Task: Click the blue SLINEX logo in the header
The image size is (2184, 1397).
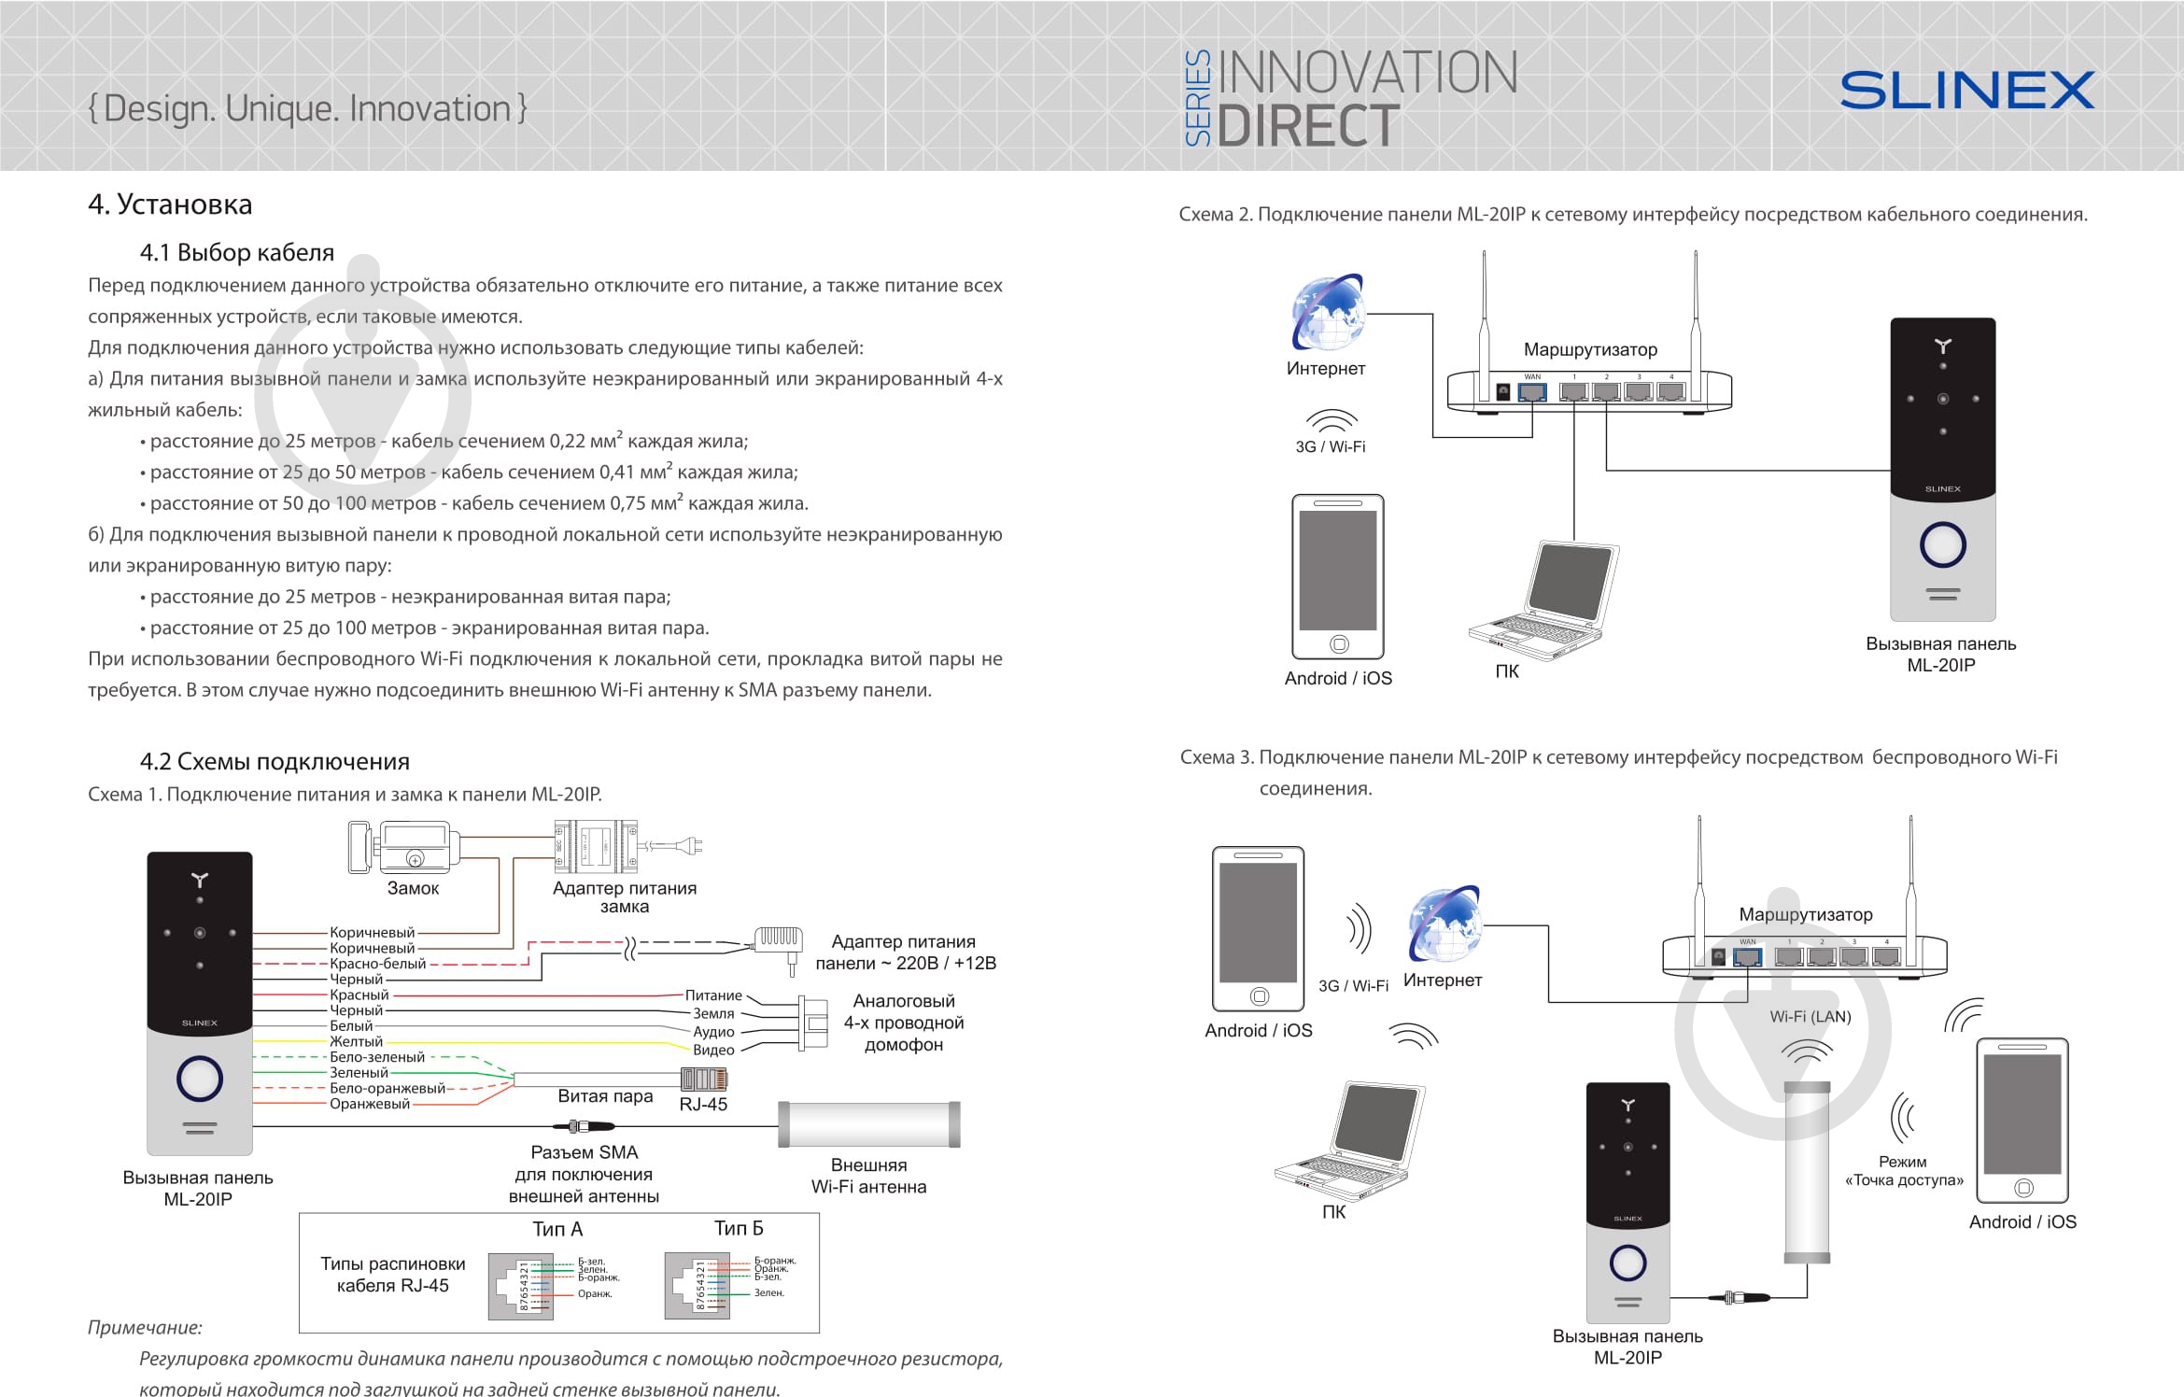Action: (1966, 91)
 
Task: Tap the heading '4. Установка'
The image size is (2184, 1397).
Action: (170, 205)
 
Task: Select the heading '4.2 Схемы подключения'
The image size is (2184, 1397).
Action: (275, 761)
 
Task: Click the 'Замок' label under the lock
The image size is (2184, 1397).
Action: (413, 888)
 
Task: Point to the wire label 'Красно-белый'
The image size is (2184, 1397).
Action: (377, 964)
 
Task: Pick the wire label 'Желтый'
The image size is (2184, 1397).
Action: (356, 1041)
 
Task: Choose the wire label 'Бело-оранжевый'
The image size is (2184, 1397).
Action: (387, 1088)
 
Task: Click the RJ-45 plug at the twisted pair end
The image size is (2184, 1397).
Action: (704, 1079)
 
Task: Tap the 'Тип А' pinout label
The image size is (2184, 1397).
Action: (557, 1229)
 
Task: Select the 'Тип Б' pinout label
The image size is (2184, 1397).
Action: (739, 1228)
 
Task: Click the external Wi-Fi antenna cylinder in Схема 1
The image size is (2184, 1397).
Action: (869, 1124)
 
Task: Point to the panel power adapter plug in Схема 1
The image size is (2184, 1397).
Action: (778, 941)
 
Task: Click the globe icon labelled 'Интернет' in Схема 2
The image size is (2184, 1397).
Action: (1328, 312)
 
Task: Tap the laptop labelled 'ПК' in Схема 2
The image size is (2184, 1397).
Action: (1543, 600)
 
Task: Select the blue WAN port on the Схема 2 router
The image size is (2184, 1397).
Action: (1532, 391)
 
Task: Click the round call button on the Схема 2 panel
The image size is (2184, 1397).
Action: (1942, 545)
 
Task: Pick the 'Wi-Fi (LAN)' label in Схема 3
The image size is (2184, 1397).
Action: (1810, 1017)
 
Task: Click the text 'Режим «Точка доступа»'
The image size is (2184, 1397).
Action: (1904, 1171)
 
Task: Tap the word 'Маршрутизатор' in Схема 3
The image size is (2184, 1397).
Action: (1805, 914)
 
